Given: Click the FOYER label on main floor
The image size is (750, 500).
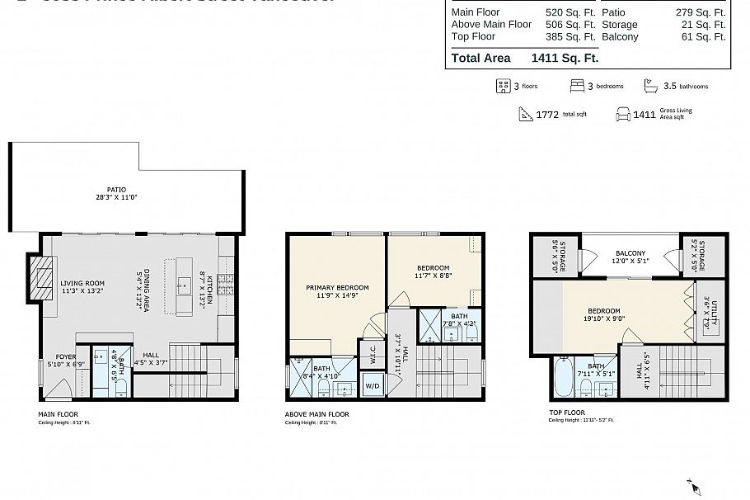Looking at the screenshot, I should coord(66,357).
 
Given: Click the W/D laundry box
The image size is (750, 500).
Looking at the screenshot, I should coord(372,385).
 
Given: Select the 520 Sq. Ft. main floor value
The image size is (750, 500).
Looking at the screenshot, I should coord(570,13).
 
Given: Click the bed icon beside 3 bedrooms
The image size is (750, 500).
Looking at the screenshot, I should coord(577,86).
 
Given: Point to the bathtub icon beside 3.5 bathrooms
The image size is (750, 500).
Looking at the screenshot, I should coord(650,86).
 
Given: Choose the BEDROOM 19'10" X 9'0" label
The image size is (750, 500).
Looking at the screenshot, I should coord(604,316).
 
